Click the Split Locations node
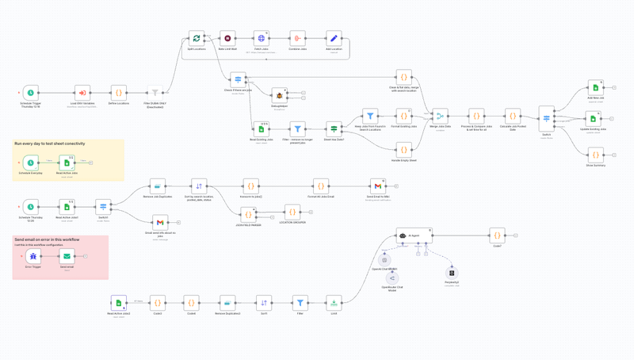point(197,38)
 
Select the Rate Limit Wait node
point(227,38)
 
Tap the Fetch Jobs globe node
point(261,38)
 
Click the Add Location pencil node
point(334,38)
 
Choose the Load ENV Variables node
point(82,94)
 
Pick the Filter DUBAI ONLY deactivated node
point(155,94)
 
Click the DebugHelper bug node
point(279,95)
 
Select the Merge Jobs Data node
point(439,116)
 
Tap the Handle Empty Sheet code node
point(404,148)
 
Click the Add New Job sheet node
point(596,87)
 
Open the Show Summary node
point(596,155)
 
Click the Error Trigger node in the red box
point(32,256)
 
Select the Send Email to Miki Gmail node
point(378,186)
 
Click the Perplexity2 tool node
point(452,273)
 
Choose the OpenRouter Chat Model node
point(392,278)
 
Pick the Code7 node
point(497,236)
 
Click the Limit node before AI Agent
point(334,302)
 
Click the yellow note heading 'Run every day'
point(49,144)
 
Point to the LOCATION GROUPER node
point(292,212)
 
